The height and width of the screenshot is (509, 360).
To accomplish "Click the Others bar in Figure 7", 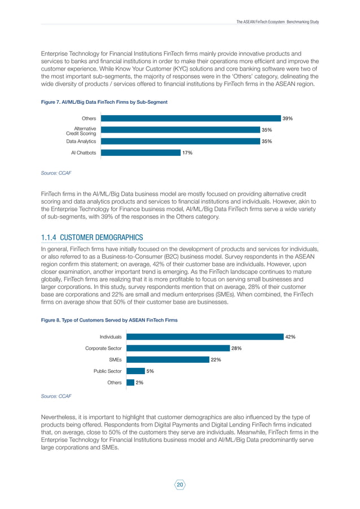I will [190, 119].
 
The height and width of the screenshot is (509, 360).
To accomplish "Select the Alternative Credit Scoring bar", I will [180, 130].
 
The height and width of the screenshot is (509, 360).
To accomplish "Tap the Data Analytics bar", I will [180, 141].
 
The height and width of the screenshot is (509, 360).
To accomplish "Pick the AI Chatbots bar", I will [140, 152].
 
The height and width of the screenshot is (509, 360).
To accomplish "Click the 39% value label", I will [288, 119].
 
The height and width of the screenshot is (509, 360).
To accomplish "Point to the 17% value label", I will [187, 152].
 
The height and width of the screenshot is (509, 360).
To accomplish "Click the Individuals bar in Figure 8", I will [204, 337].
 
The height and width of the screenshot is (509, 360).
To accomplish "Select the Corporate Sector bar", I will [178, 348].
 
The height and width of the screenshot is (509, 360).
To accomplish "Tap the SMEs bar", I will [168, 359].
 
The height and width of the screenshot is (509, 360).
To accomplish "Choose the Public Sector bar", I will [135, 371].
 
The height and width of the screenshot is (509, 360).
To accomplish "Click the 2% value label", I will [139, 382].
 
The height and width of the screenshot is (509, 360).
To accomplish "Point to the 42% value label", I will [290, 337].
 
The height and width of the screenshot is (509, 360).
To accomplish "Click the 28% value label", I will [236, 348].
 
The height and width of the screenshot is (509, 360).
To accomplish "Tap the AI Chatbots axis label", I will [83, 152].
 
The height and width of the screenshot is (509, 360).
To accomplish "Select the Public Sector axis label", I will [107, 371].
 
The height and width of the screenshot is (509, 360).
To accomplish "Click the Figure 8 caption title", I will [109, 320].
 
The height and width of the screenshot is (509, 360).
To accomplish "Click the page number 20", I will [180, 485].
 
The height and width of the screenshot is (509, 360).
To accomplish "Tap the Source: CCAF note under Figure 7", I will [56, 172].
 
